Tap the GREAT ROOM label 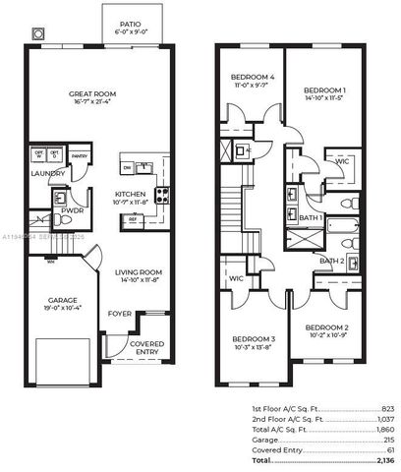(x=93, y=95)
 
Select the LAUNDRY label (x=48, y=174)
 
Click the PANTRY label (x=80, y=155)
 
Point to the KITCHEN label (x=131, y=194)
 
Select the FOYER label (x=120, y=315)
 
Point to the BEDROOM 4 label (x=253, y=78)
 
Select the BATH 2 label (x=330, y=261)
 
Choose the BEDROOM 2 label (x=326, y=327)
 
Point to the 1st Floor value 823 (x=386, y=407)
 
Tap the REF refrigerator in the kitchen (x=132, y=219)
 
